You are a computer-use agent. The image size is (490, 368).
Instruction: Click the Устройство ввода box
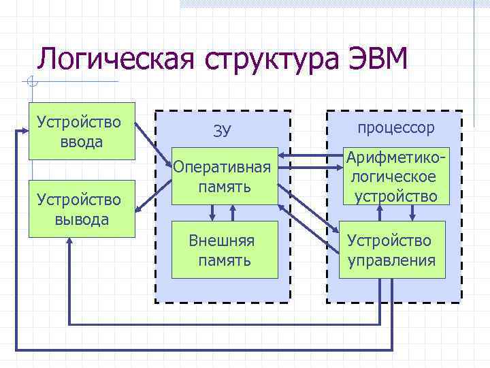80,132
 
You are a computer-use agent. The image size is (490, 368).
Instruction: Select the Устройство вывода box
80,209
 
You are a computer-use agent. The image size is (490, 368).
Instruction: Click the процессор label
395,127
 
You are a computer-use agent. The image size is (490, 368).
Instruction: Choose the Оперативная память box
224,176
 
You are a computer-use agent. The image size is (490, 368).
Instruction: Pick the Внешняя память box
224,250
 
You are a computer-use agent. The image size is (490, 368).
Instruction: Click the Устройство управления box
392,250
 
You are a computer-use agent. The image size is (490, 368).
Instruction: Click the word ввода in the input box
80,142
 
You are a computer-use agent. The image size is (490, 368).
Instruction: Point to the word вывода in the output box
80,219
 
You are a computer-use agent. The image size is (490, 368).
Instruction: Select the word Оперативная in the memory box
224,167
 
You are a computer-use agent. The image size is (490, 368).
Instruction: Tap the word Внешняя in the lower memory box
223,241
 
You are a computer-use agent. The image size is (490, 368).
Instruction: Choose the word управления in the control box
392,260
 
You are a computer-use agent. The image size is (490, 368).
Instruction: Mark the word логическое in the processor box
393,177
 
